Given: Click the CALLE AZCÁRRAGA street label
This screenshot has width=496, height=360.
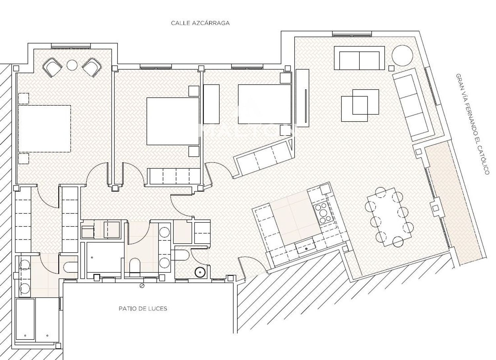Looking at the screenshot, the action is (200, 23).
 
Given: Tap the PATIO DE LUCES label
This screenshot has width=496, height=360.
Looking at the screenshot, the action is (143, 309).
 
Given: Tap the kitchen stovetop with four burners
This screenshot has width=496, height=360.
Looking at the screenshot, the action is (323, 213).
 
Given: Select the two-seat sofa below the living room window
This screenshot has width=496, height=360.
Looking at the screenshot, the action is (359, 58).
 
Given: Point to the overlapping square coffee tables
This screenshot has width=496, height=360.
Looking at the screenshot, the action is (360, 105).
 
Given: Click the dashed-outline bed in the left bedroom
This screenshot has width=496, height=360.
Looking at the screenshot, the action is (45, 129).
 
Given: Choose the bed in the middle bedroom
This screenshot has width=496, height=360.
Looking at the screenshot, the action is (173, 121).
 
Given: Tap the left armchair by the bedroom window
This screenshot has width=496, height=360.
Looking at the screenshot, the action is (53, 67).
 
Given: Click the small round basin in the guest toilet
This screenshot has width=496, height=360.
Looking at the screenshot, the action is (200, 272).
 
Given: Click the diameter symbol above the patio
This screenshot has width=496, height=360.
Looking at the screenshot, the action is (142, 286).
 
